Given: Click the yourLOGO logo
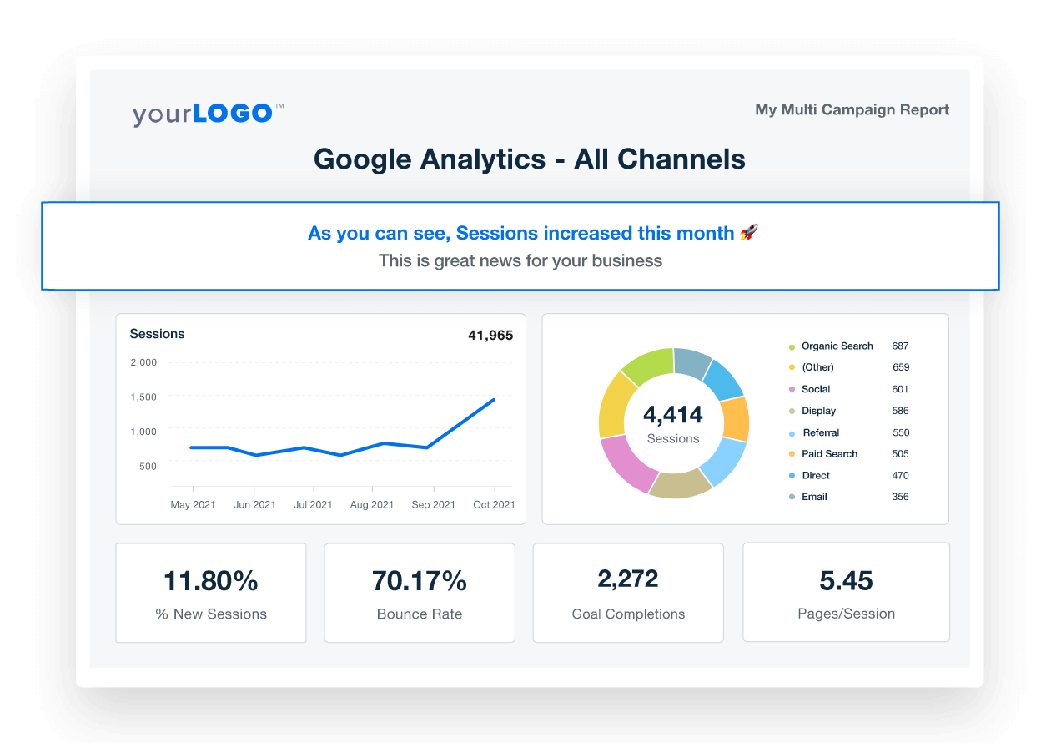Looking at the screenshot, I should [x=208, y=113].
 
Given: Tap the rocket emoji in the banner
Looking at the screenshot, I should [x=748, y=233].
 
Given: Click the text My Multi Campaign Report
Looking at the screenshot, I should [x=852, y=109].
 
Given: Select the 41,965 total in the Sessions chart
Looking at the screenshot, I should [x=490, y=336].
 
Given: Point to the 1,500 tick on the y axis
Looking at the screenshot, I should [x=143, y=397].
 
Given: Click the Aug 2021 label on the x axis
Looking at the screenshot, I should [x=372, y=504].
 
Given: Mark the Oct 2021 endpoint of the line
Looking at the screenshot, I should [x=494, y=400].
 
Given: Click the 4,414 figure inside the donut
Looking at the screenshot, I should [x=673, y=414].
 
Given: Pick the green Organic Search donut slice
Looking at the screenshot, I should [x=647, y=366].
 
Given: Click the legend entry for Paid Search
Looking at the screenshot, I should [x=829, y=454].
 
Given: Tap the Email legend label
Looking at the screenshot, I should [x=814, y=497].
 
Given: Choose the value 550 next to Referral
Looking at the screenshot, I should [x=901, y=432].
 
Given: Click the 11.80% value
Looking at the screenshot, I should [x=211, y=580].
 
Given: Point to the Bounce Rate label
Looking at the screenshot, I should [x=420, y=614].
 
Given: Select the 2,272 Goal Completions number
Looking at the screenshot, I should [x=628, y=578].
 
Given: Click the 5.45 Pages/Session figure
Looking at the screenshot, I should [x=846, y=580].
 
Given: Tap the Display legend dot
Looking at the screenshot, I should [x=792, y=412].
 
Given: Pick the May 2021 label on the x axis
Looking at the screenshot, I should [x=193, y=504].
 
